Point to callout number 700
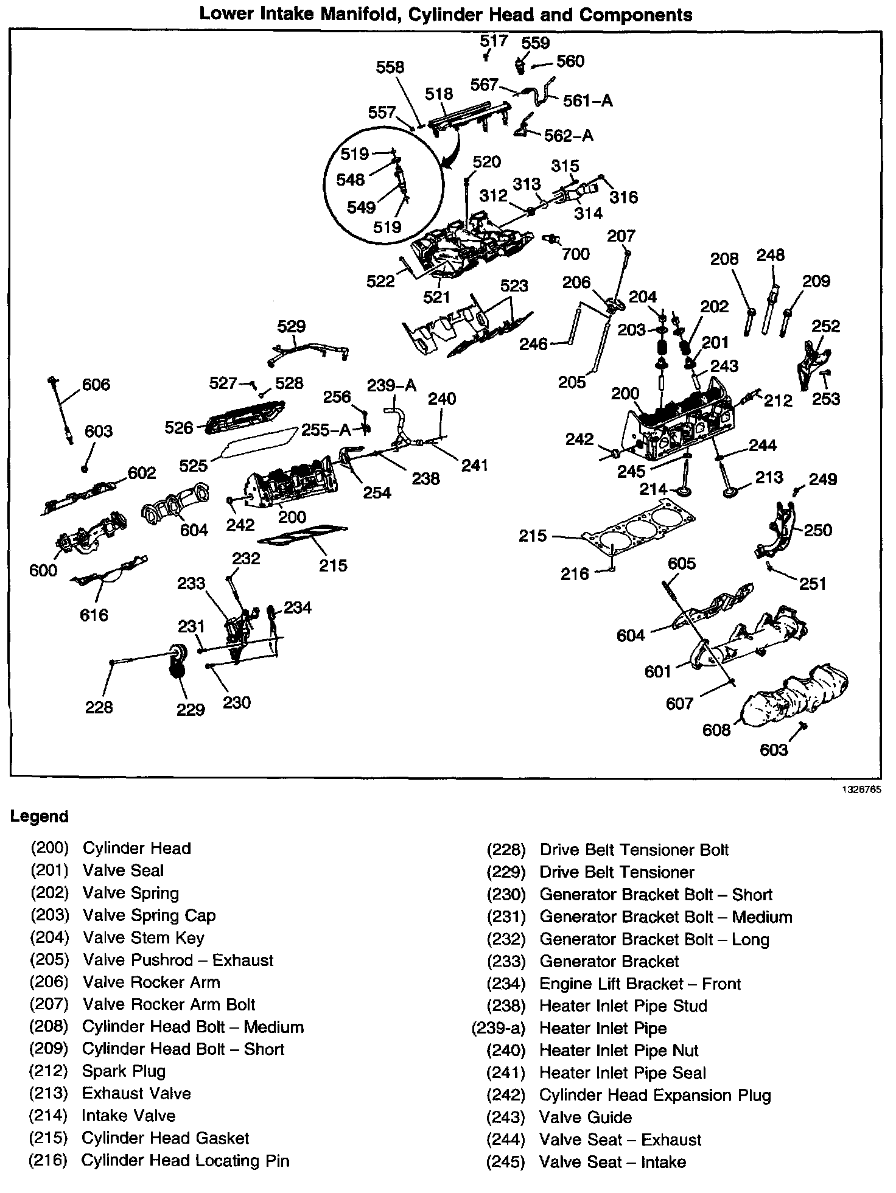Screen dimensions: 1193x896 [576, 253]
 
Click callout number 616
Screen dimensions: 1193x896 [94, 615]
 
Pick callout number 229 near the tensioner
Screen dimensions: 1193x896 [191, 709]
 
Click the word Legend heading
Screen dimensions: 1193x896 [40, 816]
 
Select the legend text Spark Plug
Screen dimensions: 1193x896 [124, 1071]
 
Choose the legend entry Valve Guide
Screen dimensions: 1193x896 [586, 1117]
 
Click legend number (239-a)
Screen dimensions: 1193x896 [498, 1028]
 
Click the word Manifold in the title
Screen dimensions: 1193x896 [352, 14]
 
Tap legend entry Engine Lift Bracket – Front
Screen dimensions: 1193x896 [640, 984]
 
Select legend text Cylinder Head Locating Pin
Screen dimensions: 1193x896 [185, 1160]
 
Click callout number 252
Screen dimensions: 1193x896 [825, 326]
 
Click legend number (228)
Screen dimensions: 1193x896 [505, 850]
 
